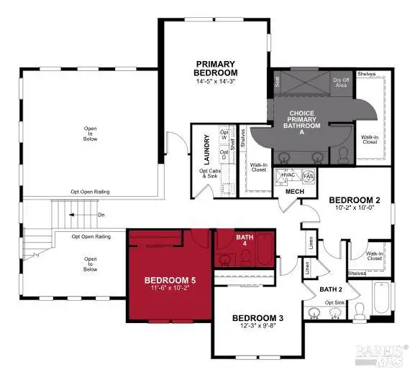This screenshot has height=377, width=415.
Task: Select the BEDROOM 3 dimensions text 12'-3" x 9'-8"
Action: (255, 327)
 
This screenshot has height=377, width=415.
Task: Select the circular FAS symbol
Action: (308, 176)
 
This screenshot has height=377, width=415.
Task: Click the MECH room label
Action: (294, 192)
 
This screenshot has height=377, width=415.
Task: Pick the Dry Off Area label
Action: (341, 83)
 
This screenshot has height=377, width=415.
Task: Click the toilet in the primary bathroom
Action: (343, 154)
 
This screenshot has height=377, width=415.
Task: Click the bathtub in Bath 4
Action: (264, 254)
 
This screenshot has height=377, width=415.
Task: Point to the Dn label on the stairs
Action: (101, 214)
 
